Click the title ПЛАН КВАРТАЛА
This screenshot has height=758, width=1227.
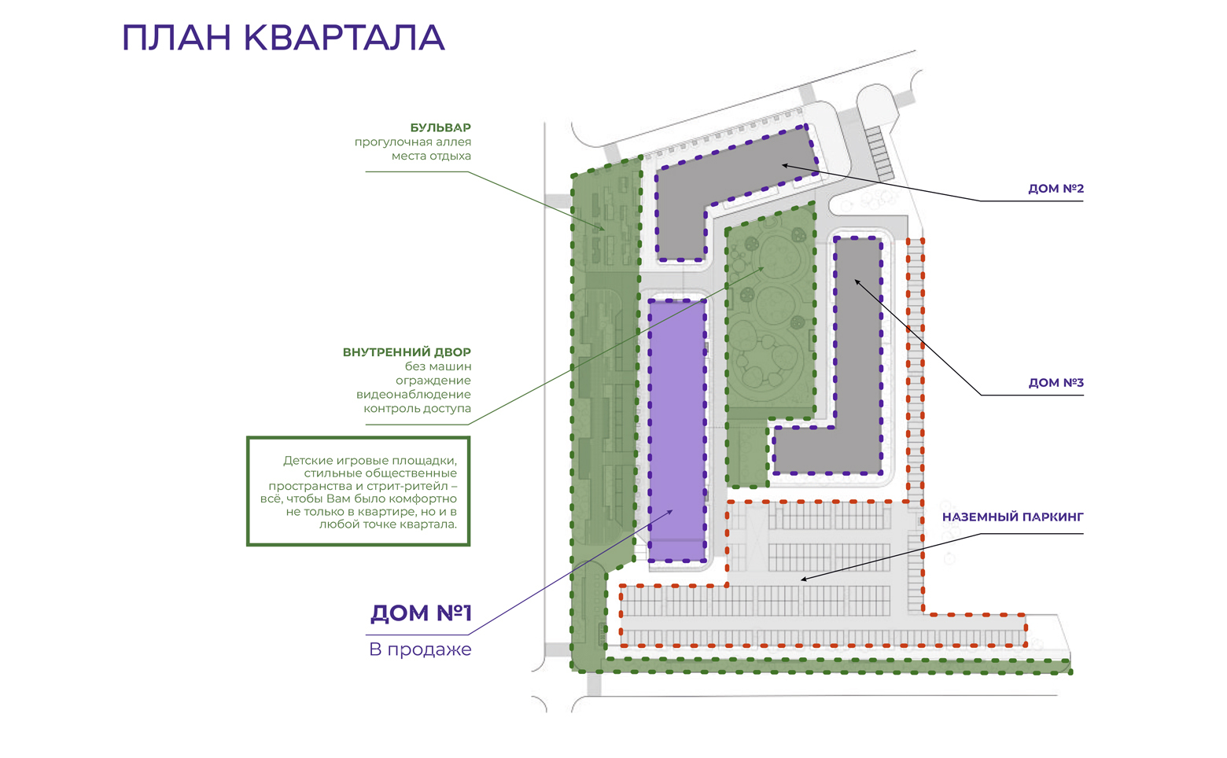tap(283, 38)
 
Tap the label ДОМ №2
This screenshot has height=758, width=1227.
tap(1056, 189)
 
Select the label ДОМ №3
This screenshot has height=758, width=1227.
tap(1056, 382)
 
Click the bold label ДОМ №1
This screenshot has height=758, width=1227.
tap(421, 613)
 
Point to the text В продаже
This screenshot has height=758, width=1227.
tap(420, 649)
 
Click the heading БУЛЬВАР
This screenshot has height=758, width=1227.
tap(440, 127)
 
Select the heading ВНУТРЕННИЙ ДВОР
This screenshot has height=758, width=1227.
tap(407, 352)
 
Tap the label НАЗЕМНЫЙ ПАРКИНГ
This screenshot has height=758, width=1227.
tap(1013, 517)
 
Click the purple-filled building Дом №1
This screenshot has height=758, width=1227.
tap(677, 431)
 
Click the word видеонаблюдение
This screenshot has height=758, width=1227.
tap(414, 395)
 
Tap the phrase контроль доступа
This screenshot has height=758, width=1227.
tap(418, 409)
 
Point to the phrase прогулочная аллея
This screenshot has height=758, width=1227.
tap(412, 142)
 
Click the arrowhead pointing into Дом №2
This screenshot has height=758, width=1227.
tap(785, 165)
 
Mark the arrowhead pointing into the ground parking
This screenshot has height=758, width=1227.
tap(805, 579)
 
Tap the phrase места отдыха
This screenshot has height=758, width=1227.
tap(431, 156)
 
